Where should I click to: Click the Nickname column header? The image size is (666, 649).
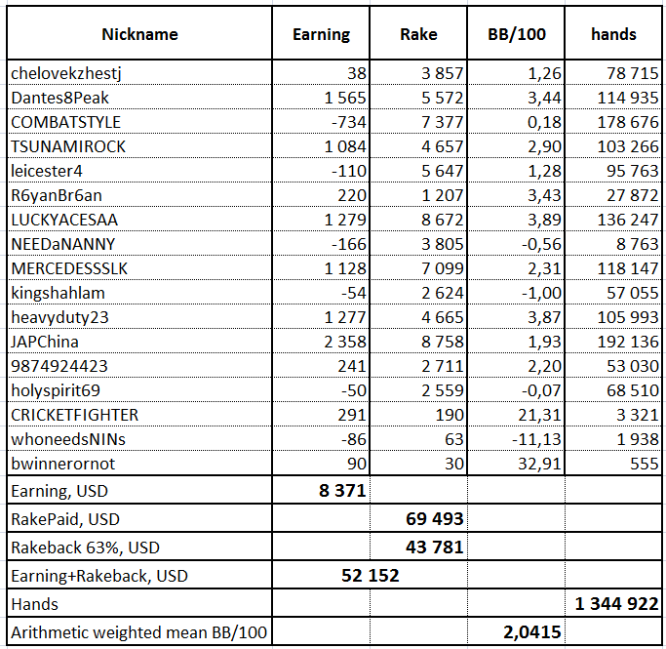pos(139,34)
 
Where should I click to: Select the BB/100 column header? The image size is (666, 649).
pos(517,34)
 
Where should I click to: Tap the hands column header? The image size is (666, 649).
pos(613,34)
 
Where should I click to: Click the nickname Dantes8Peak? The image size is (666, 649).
pos(59,98)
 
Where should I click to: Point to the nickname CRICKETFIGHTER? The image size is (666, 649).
pos(75,415)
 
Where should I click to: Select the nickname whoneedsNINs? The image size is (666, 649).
pos(68,439)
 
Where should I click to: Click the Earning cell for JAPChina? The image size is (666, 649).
pos(345,342)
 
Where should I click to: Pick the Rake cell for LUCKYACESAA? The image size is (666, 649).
pos(442,220)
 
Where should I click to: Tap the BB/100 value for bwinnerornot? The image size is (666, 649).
pos(539,464)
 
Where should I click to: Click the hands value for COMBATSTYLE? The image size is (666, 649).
pos(628,122)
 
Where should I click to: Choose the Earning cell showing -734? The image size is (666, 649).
pos(349,122)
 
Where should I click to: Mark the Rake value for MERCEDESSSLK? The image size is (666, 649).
pos(442,268)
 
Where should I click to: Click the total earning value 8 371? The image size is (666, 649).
pos(342,491)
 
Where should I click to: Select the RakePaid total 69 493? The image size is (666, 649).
pos(435,519)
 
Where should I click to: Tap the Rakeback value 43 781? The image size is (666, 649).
pos(435,547)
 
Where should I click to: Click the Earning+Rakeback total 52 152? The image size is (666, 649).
pos(371,576)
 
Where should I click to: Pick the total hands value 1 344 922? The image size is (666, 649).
pos(616,603)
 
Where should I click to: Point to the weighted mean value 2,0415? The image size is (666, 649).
pos(532,632)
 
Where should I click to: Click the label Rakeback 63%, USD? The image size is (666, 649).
pos(86,548)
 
